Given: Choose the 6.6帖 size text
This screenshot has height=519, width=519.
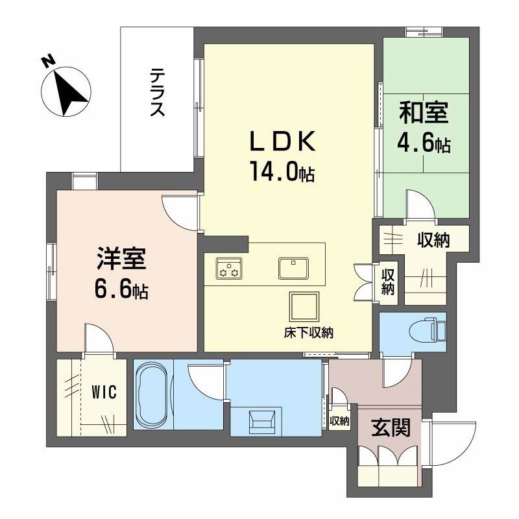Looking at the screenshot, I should pyautogui.click(x=122, y=290).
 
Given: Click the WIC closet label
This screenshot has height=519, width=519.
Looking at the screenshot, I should pyautogui.click(x=103, y=392).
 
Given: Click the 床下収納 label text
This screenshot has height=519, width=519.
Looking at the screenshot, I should pyautogui.click(x=308, y=333).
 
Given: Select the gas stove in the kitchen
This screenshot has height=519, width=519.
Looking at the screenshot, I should pyautogui.click(x=228, y=268).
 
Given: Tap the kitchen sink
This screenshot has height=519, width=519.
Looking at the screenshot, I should pyautogui.click(x=294, y=267).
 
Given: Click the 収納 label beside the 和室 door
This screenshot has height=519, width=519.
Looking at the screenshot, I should pyautogui.click(x=433, y=241).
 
